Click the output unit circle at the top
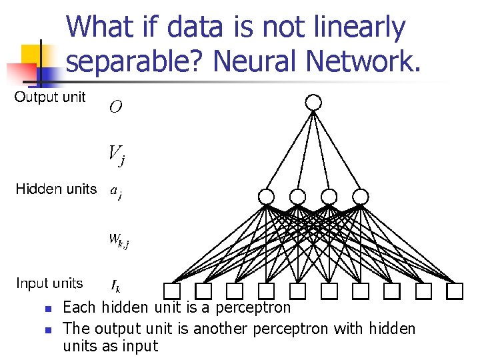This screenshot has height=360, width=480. (313, 102)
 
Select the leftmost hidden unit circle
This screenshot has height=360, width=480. (266, 197)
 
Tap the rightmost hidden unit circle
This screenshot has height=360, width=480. (360, 197)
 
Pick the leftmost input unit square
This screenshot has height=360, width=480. (172, 291)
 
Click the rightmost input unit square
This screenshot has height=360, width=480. (455, 291)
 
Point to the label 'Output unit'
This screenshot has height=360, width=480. (50, 97)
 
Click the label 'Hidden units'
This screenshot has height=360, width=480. (56, 189)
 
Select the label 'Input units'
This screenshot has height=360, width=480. (49, 283)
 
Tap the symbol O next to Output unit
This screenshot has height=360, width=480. (115, 107)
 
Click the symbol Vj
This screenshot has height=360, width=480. (116, 155)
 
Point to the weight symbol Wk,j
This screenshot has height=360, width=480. (119, 239)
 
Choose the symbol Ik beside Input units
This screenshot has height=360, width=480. (115, 286)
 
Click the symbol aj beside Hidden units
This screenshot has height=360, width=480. (115, 192)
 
